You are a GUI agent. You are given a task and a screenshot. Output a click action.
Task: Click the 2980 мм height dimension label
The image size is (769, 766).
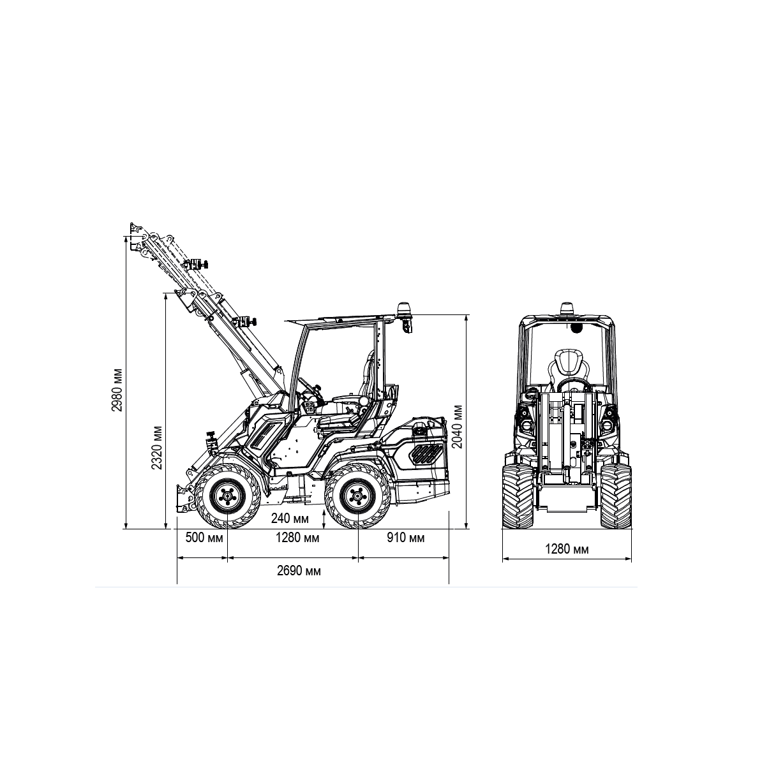[117, 390]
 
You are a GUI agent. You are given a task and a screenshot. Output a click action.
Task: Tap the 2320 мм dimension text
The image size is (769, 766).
[157, 448]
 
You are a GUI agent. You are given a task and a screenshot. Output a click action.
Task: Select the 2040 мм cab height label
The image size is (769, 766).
[458, 427]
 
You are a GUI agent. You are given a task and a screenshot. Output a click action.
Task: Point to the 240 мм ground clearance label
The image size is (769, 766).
[290, 519]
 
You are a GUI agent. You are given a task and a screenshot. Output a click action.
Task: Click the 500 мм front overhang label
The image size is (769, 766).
[204, 538]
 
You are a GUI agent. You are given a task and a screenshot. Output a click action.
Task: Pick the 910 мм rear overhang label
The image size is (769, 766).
[405, 538]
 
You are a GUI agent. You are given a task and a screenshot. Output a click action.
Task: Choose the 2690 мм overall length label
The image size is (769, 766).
[299, 571]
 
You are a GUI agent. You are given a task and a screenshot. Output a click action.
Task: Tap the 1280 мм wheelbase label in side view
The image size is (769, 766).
[297, 538]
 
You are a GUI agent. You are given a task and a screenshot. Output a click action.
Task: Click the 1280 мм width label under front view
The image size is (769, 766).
[567, 549]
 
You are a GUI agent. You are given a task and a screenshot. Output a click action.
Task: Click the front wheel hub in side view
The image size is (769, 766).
[228, 496]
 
